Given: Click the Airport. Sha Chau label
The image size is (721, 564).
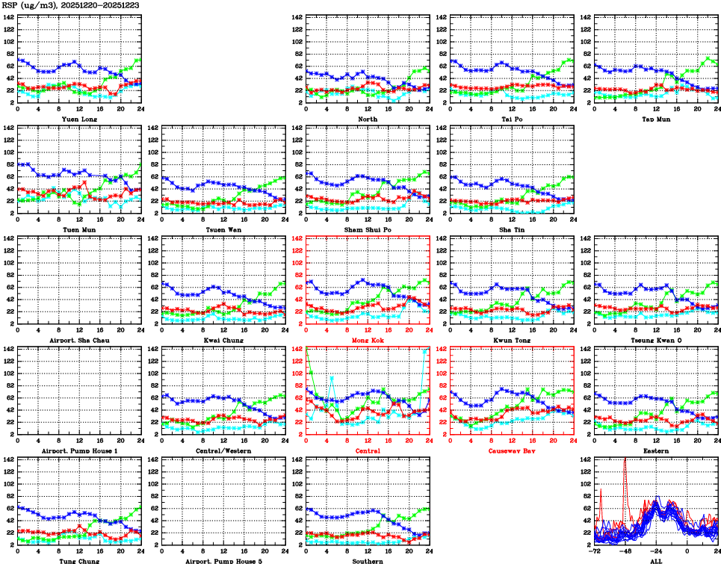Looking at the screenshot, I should pyautogui.click(x=78, y=340).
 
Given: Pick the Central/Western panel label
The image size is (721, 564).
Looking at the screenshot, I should pyautogui.click(x=223, y=450).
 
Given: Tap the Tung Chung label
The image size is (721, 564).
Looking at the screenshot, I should pyautogui.click(x=78, y=560).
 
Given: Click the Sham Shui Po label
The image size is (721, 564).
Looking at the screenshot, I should pyautogui.click(x=367, y=229).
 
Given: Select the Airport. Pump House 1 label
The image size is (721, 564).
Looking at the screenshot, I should pyautogui.click(x=78, y=450).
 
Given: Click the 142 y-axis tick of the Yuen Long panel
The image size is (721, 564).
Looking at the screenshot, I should pyautogui.click(x=8, y=17).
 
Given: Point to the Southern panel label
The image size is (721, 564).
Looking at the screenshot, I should pyautogui.click(x=367, y=560).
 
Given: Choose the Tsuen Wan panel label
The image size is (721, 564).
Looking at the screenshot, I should pyautogui.click(x=223, y=229).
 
